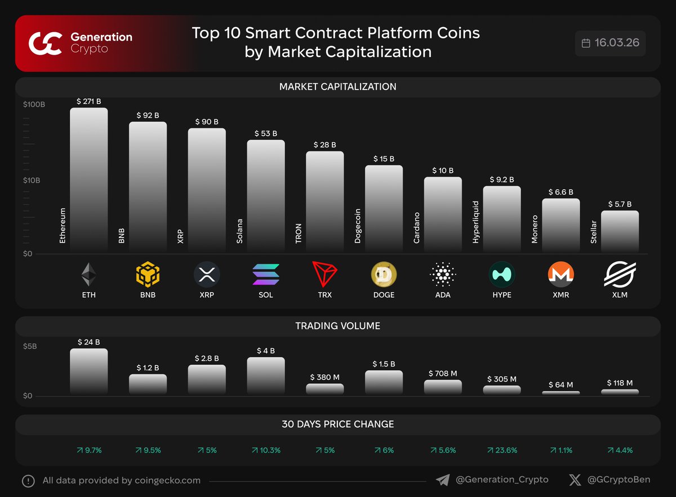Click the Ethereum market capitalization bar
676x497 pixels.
pos(88,180)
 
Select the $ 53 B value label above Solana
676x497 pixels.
pos(265,133)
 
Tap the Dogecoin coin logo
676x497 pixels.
pos(384,275)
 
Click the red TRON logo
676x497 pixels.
pos(324,275)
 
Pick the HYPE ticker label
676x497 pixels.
pos(501,295)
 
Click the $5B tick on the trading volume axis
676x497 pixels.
pos(30,346)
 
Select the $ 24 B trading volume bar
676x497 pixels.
pos(88,371)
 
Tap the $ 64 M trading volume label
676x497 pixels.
pos(561,385)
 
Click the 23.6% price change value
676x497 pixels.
pos(501,450)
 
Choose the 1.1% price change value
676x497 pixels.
pos(561,450)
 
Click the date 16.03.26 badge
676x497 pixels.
pos(611,43)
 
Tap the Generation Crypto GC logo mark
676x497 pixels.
pos(46,43)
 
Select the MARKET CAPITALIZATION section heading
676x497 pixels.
pos(337,87)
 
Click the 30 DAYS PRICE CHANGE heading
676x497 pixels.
pos(337,424)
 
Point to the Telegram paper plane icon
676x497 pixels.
pos(443,480)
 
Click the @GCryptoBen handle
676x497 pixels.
pos(619,480)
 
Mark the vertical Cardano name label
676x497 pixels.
pos(417,227)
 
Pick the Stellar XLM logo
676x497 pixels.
pos(620,275)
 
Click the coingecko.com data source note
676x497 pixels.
pos(121,481)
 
